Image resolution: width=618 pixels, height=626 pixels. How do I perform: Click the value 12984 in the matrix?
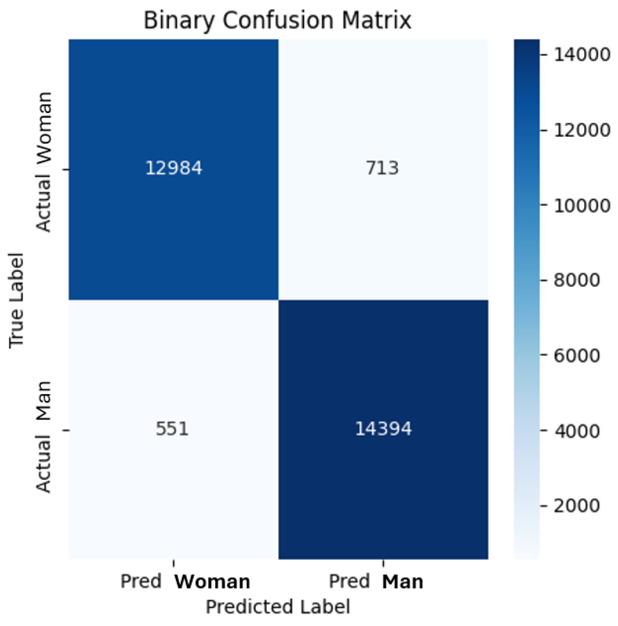[173, 168]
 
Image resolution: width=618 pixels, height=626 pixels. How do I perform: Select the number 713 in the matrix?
[382, 168]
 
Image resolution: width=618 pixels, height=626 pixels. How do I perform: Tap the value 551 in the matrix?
[172, 429]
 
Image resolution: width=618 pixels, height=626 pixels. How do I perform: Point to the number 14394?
[383, 429]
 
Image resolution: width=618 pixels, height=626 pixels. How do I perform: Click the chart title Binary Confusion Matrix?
[278, 20]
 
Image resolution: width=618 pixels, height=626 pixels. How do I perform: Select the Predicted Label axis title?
[278, 607]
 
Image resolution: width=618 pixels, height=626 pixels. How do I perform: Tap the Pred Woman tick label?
[185, 581]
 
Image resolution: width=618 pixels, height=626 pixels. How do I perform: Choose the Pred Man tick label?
[376, 581]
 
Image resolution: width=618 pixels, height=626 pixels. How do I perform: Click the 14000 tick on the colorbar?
[582, 55]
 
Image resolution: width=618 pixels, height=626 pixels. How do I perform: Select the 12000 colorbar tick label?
[582, 130]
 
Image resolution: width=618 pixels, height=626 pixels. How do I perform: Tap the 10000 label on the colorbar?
[582, 206]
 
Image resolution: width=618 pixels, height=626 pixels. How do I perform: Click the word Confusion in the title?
[278, 20]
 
